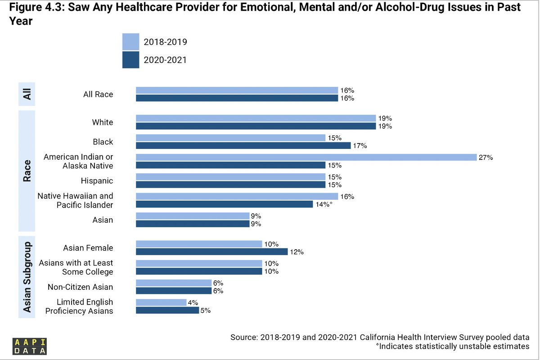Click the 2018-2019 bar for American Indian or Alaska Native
tap(306, 157)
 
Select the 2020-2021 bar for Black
tap(243, 145)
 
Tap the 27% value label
tap(486, 157)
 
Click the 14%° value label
tap(324, 204)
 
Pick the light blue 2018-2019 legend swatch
tap(130, 42)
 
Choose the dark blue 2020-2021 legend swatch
tap(130, 59)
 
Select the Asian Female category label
tap(88, 248)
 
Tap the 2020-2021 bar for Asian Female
tap(211, 252)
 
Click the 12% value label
tap(297, 252)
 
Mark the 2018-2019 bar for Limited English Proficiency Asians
tap(161, 302)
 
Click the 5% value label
tap(206, 310)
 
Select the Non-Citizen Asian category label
tap(81, 287)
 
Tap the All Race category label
tap(98, 94)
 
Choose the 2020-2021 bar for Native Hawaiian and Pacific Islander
tap(224, 204)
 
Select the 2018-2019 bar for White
tap(256, 118)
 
